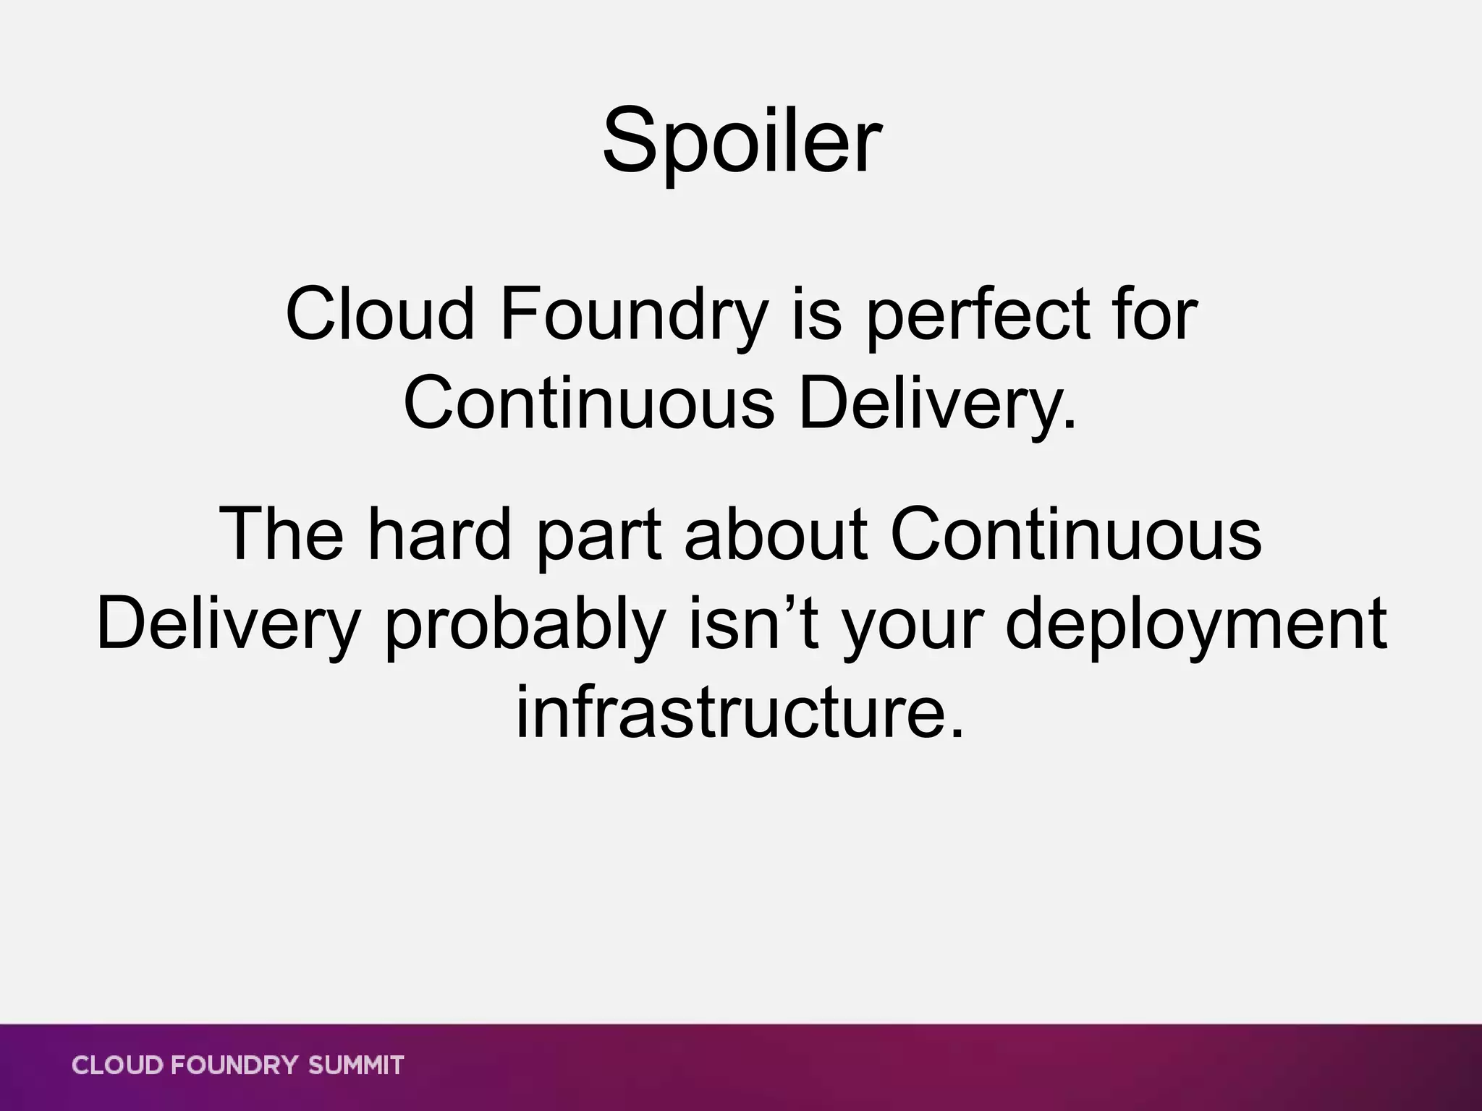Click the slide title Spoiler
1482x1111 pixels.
741,141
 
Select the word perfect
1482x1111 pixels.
978,315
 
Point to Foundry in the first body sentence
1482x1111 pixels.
634,315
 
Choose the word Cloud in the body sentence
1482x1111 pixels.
381,315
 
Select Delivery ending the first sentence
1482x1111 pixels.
937,403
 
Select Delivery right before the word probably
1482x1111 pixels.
229,623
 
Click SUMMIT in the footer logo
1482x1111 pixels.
356,1065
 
